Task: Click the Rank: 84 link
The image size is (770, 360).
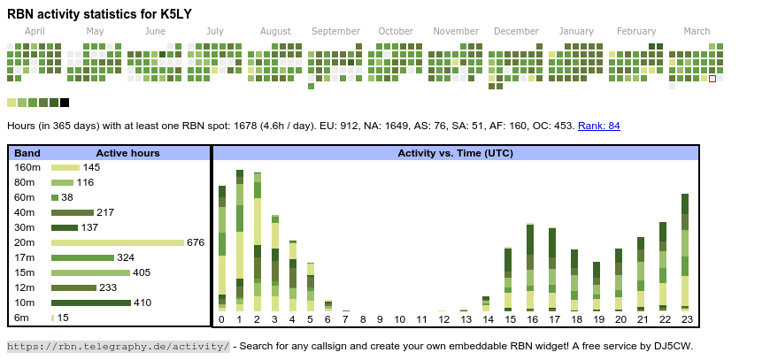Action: (599, 126)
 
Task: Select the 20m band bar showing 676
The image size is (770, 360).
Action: (117, 242)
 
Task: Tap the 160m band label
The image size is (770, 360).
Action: (27, 167)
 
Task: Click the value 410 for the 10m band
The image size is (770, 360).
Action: (142, 303)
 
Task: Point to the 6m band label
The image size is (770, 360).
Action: (21, 318)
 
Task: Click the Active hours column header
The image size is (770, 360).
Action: (127, 153)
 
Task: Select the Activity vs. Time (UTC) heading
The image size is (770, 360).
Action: (455, 153)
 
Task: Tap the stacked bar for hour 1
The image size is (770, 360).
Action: (239, 239)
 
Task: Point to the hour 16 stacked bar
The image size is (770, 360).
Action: (530, 265)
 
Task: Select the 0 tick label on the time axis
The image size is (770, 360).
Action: (221, 319)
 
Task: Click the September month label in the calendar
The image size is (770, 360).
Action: (335, 31)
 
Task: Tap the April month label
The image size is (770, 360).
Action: (35, 31)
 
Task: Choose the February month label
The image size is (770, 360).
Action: (636, 31)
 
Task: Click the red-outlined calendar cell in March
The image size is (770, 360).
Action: (712, 79)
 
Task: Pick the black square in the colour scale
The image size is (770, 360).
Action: (65, 103)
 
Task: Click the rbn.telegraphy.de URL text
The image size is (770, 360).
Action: (118, 346)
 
